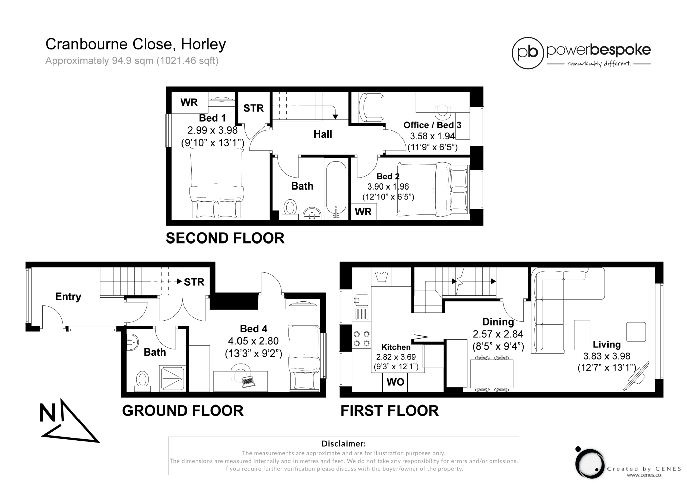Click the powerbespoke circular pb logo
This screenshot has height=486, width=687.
(x=528, y=53)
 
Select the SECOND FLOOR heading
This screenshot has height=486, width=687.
(x=225, y=238)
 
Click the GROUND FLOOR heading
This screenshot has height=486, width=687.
(x=182, y=411)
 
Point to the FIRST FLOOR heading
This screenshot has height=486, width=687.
(x=389, y=411)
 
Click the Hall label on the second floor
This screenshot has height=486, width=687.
(x=323, y=134)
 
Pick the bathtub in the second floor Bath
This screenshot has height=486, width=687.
(x=336, y=190)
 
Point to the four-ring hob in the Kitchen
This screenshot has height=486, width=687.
(x=362, y=339)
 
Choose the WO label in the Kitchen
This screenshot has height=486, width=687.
(x=395, y=382)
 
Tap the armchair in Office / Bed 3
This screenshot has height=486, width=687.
(x=371, y=107)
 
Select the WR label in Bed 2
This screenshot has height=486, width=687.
(x=363, y=212)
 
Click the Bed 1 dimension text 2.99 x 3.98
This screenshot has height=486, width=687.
(x=212, y=130)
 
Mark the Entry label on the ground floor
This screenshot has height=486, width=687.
(x=68, y=297)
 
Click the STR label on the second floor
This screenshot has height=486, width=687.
(x=254, y=108)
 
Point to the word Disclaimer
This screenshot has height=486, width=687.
(x=343, y=444)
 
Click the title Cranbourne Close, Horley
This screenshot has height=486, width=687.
(x=136, y=44)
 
